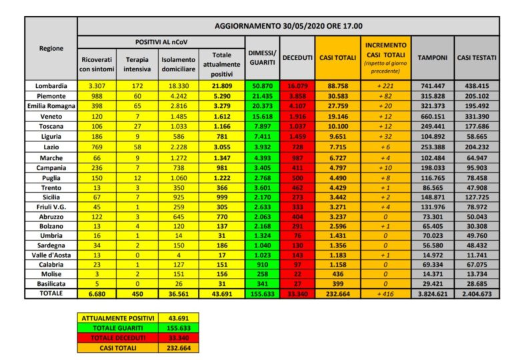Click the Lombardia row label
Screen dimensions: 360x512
click(x=51, y=86)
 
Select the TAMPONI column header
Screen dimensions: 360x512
click(x=432, y=58)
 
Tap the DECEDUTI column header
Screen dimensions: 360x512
click(x=297, y=58)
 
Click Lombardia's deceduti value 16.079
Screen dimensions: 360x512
click(x=297, y=86)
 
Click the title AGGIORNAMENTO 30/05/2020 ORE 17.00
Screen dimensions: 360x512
click(x=288, y=25)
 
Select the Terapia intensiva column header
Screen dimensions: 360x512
click(x=137, y=64)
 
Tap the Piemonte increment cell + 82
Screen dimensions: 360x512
click(x=385, y=95)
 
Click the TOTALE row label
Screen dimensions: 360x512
click(x=51, y=293)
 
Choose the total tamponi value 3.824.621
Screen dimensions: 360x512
click(x=432, y=293)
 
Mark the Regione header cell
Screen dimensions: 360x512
click(x=51, y=48)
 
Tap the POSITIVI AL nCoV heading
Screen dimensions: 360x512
click(x=161, y=41)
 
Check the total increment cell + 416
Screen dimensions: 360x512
click(x=385, y=293)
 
